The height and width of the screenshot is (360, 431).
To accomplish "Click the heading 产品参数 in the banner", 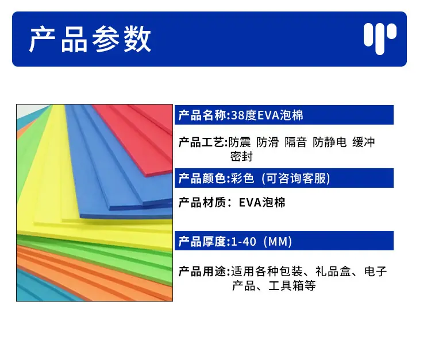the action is (90, 39).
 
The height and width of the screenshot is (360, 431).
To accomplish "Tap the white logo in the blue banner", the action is (380, 38).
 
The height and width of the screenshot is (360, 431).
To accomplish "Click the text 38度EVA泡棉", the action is (267, 115).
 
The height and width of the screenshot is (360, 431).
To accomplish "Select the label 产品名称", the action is (203, 115).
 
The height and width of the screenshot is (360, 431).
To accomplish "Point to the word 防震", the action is (240, 142).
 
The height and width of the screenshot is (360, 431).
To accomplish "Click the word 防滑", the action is (267, 142).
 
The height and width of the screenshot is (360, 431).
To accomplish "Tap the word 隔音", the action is (295, 142).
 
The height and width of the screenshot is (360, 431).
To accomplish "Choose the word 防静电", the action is (330, 142).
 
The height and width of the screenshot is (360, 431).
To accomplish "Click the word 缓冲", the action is (364, 142).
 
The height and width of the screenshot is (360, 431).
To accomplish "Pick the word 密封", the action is (241, 157).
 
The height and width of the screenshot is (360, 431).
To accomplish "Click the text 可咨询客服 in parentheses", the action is (296, 179).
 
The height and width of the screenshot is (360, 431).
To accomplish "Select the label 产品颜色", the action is (203, 179).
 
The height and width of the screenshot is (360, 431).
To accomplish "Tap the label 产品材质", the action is (203, 203).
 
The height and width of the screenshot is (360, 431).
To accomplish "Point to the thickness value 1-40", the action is (244, 242).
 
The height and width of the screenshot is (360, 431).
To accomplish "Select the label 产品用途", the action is (203, 272).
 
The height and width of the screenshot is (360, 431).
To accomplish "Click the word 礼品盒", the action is (333, 272).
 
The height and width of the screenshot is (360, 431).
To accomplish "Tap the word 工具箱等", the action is (292, 286).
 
